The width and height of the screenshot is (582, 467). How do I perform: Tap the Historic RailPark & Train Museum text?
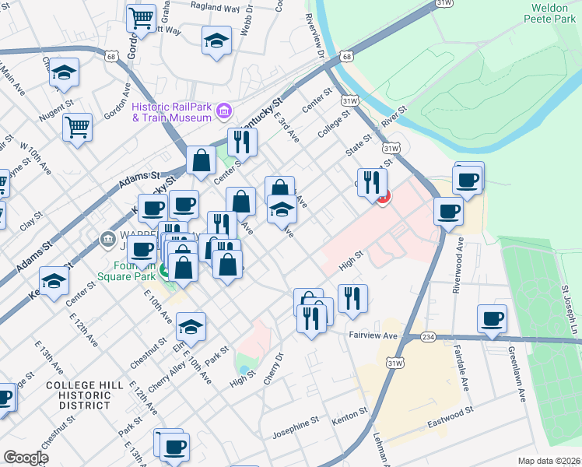[171, 112]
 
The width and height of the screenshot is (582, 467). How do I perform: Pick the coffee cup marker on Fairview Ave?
[492, 318]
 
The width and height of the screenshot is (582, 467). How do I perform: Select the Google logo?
[25, 458]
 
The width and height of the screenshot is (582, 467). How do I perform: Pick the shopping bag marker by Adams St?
[201, 160]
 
